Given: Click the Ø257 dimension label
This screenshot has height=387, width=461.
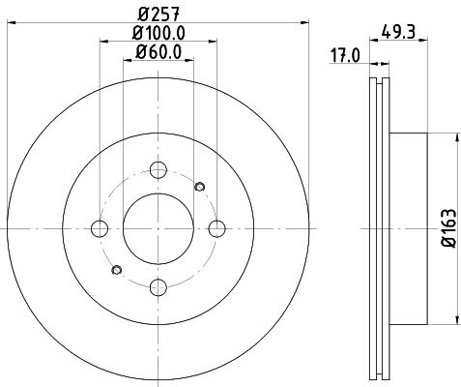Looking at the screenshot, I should (x=158, y=13).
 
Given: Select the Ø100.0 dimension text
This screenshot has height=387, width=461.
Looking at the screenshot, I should (x=158, y=33).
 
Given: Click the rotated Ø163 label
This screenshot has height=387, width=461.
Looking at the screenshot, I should (x=447, y=228).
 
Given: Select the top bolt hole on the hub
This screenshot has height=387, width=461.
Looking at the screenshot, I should (x=158, y=170).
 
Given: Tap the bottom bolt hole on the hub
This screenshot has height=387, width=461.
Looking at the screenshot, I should (x=158, y=286).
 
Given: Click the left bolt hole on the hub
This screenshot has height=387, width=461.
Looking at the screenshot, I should (x=100, y=228).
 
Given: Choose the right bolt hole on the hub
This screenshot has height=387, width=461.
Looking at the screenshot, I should (x=216, y=228).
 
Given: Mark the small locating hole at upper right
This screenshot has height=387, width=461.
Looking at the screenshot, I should (x=200, y=187).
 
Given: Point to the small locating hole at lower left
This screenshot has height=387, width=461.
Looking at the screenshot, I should (x=117, y=269).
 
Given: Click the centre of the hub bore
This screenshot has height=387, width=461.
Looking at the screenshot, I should (x=158, y=228).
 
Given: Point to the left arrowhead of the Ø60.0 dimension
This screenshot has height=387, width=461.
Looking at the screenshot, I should (x=127, y=63).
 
